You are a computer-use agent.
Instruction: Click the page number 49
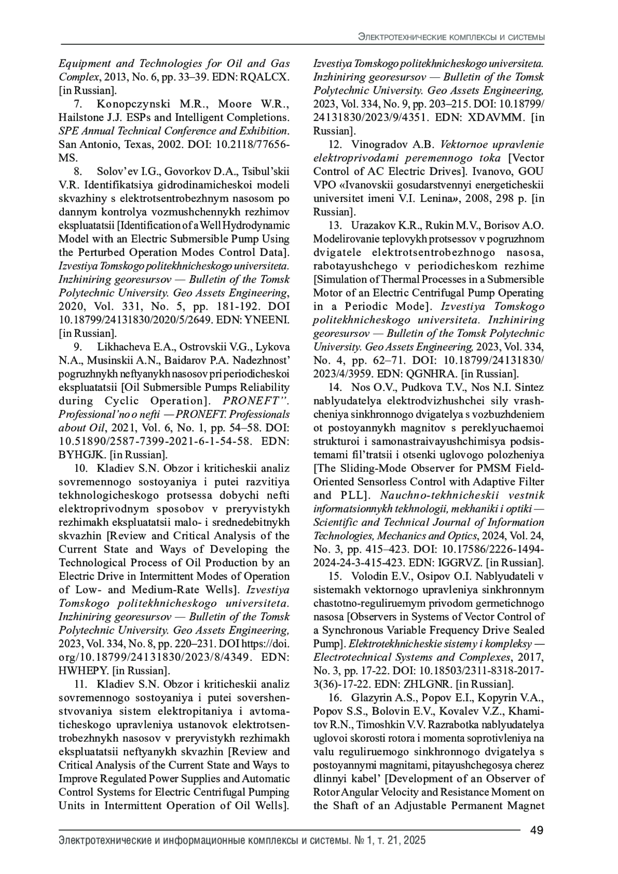click(x=537, y=831)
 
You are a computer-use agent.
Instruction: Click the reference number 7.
click(x=79, y=104)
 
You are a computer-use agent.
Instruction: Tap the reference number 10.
click(x=81, y=468)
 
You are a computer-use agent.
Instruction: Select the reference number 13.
click(x=335, y=225)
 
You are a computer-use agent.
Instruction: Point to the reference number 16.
click(x=335, y=698)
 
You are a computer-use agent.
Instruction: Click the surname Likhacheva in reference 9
click(x=126, y=347)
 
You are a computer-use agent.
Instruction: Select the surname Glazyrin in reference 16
click(x=374, y=698)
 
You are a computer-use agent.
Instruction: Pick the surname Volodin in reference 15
click(x=372, y=576)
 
